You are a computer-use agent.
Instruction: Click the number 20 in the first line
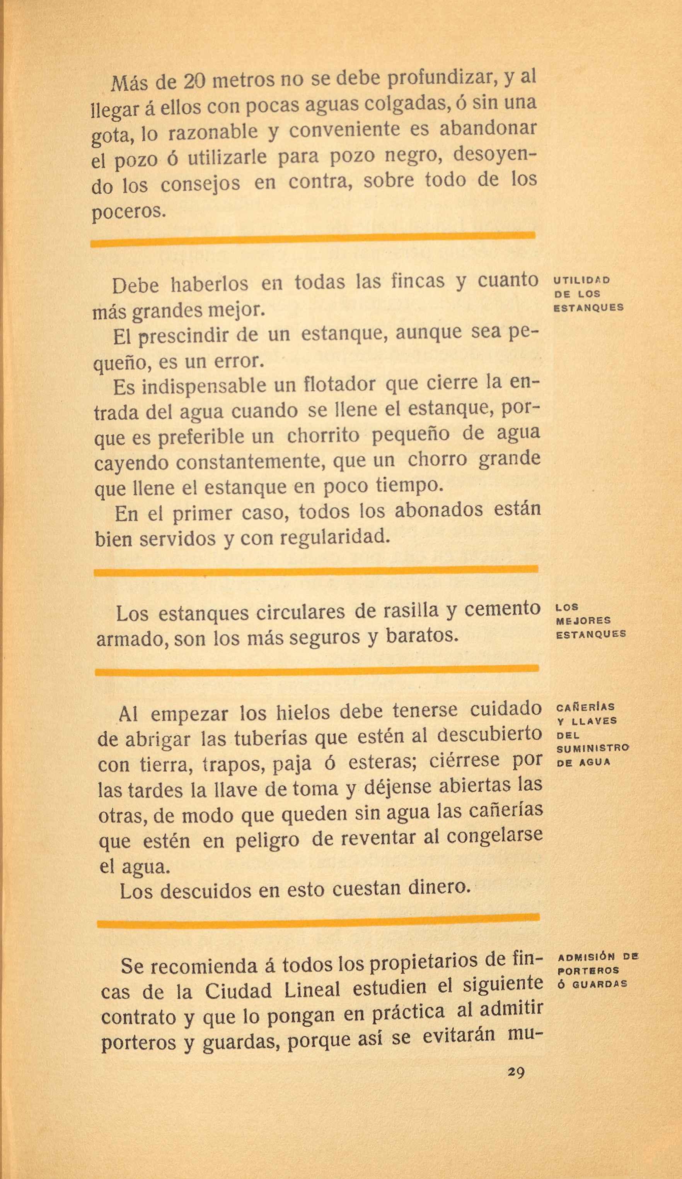(194, 82)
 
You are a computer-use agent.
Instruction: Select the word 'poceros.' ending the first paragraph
(129, 212)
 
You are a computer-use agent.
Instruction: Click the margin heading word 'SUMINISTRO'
(593, 748)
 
